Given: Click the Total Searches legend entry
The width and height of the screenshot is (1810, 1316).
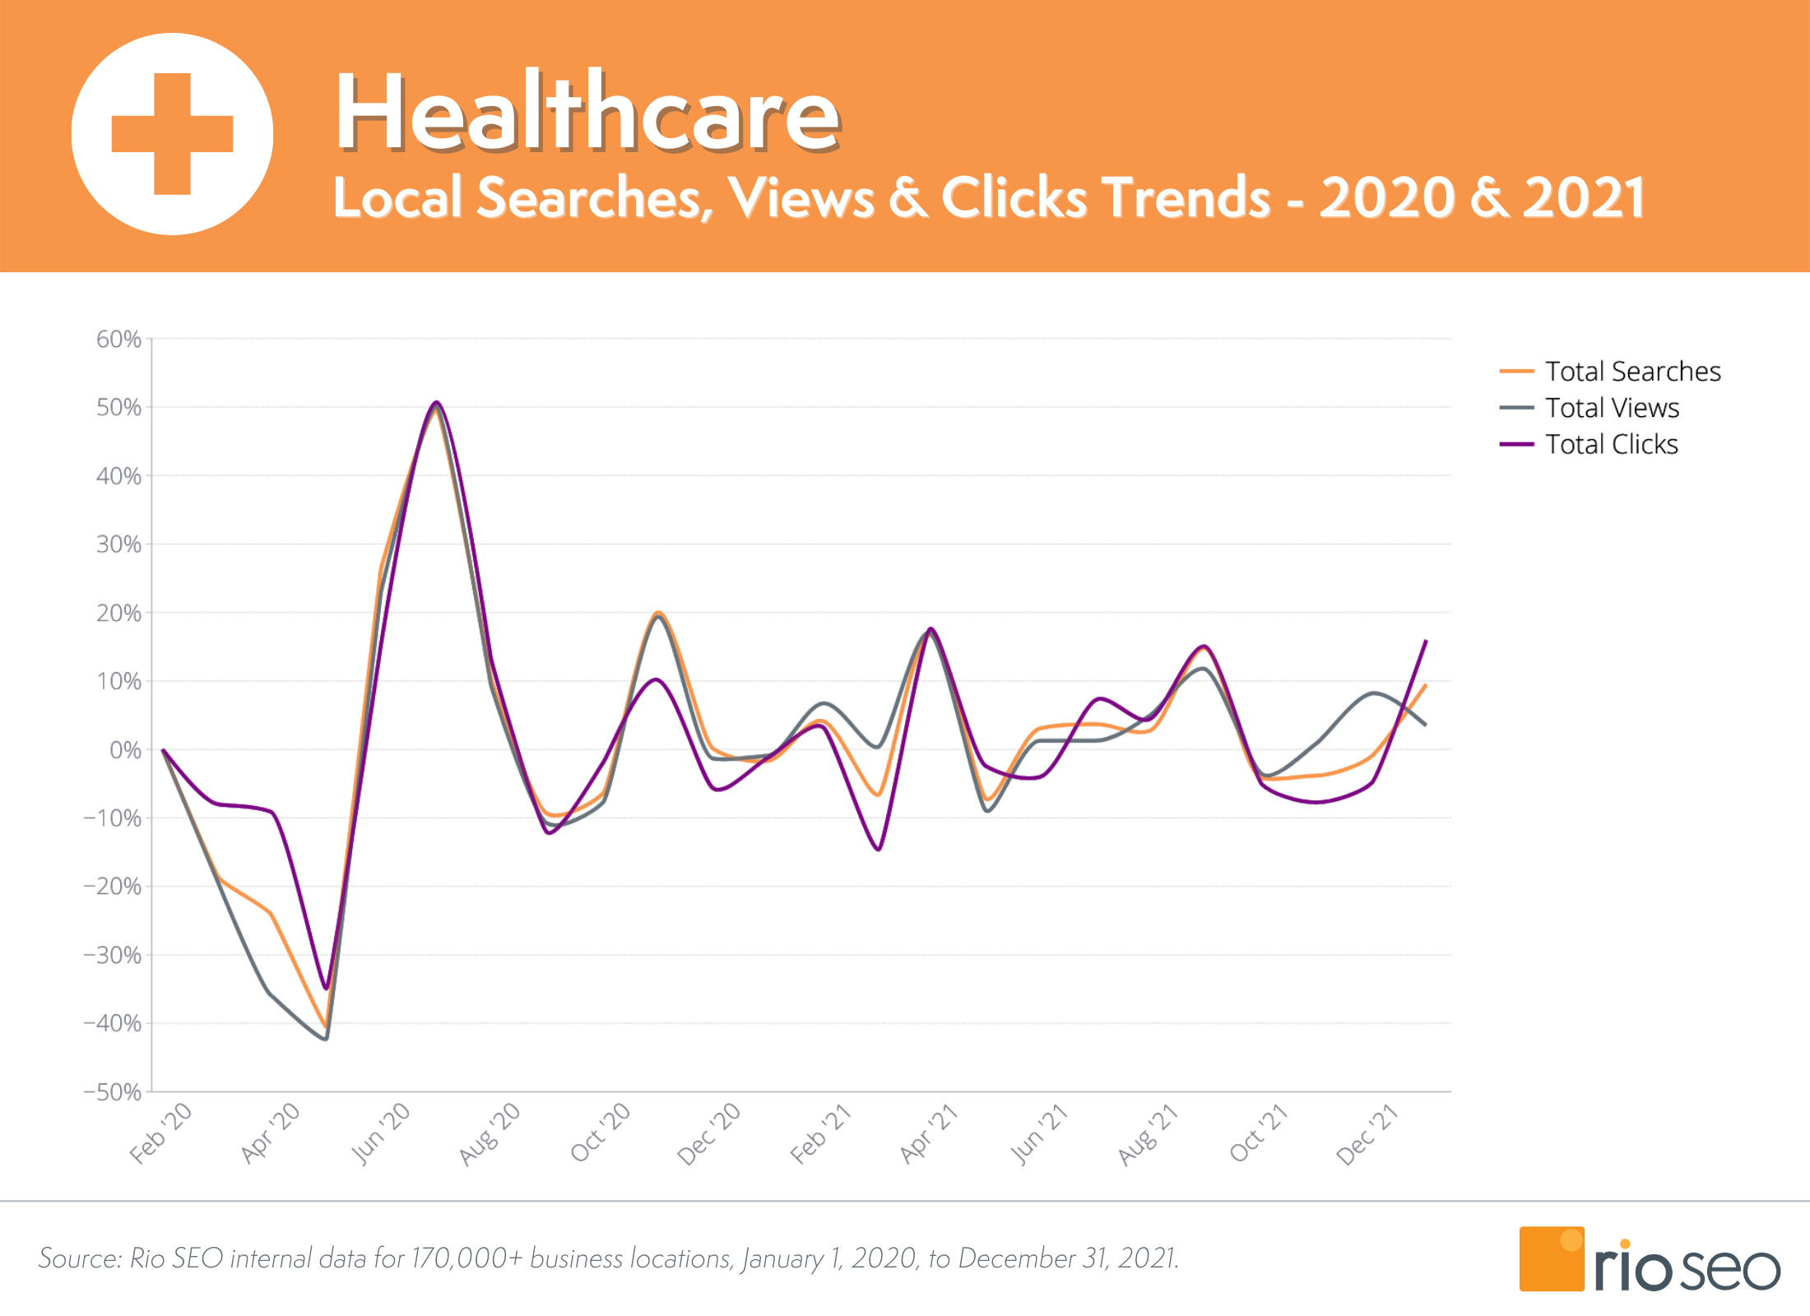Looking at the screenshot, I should tap(1632, 372).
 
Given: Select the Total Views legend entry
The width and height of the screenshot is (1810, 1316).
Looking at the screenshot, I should tap(1612, 408).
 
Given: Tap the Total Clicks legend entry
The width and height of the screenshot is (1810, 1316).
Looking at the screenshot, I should tap(1611, 444).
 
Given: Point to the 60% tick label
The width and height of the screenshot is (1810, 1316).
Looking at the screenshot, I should tap(118, 339).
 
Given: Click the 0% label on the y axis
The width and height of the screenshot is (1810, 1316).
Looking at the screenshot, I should tap(125, 750).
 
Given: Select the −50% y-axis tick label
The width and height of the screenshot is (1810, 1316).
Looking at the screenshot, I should tap(113, 1092).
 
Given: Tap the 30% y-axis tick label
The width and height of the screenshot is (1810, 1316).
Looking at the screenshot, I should tap(118, 544).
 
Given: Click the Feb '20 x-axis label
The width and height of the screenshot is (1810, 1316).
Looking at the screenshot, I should tap(161, 1133).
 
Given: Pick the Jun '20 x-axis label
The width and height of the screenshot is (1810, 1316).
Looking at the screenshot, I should tap(380, 1133).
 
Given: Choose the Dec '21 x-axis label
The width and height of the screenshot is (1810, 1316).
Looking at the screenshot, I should tap(1367, 1134).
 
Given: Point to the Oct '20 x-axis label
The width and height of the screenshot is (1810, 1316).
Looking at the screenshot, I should tap(600, 1133).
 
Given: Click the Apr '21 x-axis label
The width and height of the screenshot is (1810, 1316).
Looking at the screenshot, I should tap(928, 1134).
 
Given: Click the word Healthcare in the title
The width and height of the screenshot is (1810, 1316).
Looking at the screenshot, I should tap(587, 112).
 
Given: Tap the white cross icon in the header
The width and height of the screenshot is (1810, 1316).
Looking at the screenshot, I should tap(172, 134).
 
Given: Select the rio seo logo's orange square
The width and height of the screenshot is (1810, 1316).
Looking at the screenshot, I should tap(1551, 1259).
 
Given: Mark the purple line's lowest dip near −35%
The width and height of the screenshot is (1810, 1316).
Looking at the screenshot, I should tap(326, 988).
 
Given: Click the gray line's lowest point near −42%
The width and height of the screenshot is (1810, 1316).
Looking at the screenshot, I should tap(326, 1039).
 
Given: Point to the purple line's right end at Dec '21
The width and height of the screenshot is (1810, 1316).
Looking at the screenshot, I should tap(1426, 641).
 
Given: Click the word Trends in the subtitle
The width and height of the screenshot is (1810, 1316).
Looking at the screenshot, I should tap(1187, 198).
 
